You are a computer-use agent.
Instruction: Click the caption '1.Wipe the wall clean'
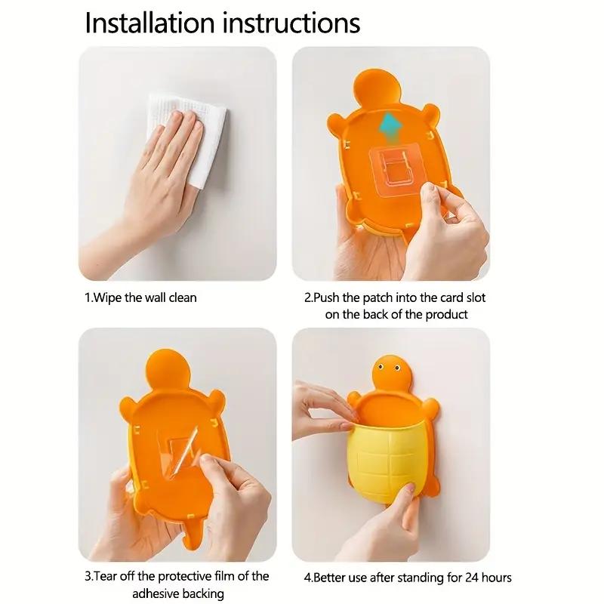[x=140, y=297]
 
